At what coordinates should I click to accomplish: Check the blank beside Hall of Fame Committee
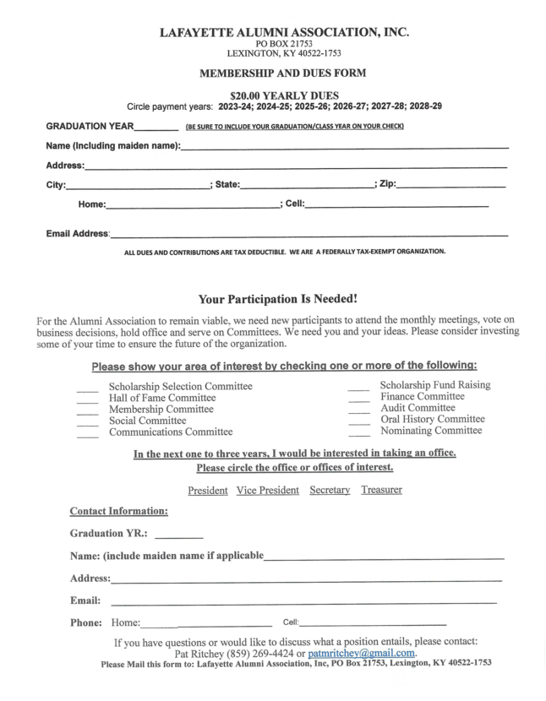(x=87, y=399)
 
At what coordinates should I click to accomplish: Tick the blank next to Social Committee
(x=87, y=421)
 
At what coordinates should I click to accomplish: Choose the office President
(x=207, y=491)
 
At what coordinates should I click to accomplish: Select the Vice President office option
(x=267, y=491)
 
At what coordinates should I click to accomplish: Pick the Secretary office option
(x=330, y=491)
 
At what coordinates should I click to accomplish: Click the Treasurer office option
(x=381, y=491)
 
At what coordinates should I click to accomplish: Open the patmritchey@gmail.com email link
(x=361, y=654)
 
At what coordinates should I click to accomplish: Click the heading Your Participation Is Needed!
(x=277, y=299)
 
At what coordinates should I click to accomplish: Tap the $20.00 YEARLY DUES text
(x=284, y=95)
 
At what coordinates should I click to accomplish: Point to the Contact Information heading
(x=118, y=512)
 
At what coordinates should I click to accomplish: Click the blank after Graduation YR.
(x=179, y=536)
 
